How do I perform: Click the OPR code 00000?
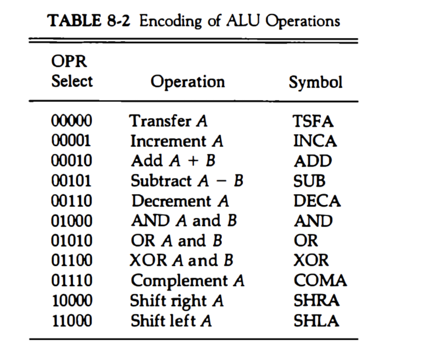(x=72, y=121)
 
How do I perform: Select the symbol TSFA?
(x=313, y=121)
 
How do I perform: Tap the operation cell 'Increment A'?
(x=176, y=141)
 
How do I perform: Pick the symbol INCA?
(x=315, y=141)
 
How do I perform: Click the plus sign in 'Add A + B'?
(x=193, y=161)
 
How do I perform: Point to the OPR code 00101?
(x=71, y=181)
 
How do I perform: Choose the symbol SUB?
(x=309, y=181)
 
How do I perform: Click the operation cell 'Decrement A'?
(x=180, y=201)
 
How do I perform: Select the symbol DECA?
(x=317, y=201)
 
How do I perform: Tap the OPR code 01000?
(x=72, y=221)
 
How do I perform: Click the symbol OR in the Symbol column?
(x=306, y=241)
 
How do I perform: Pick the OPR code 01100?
(x=72, y=260)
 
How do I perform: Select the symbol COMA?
(x=320, y=280)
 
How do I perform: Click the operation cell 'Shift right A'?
(x=177, y=301)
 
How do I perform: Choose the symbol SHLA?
(x=316, y=321)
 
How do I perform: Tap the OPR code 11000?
(x=72, y=321)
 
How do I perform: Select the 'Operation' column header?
(x=188, y=82)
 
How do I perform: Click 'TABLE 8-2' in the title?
(x=89, y=21)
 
